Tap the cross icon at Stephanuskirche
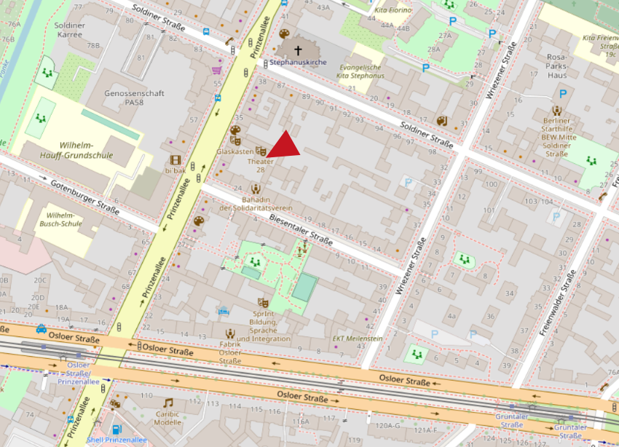click(297, 50)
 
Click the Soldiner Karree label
click(70, 31)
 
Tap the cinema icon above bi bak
click(175, 159)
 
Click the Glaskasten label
click(234, 151)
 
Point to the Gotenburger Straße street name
click(84, 197)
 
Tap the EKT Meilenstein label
click(358, 338)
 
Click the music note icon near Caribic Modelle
click(168, 403)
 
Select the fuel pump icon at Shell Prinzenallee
click(116, 430)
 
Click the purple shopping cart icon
click(216, 71)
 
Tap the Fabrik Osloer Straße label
click(230, 352)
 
